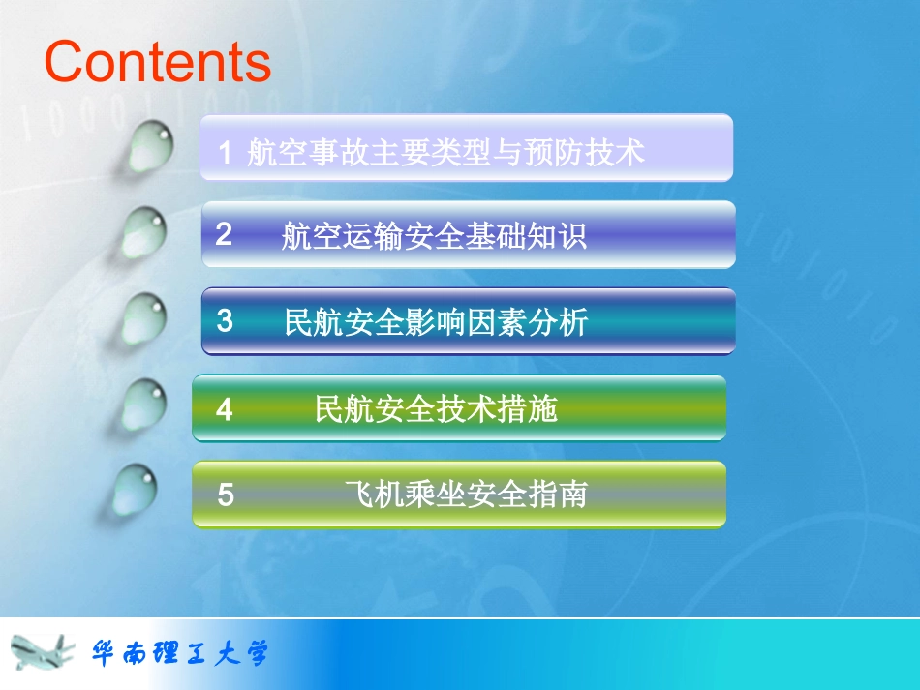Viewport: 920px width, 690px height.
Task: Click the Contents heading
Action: [158, 61]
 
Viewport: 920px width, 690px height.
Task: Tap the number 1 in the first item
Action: [225, 152]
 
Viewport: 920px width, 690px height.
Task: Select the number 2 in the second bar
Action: [224, 234]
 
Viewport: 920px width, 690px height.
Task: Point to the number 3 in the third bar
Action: [225, 321]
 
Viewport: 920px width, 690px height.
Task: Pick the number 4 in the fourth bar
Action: [225, 409]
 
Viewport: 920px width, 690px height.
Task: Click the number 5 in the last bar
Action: [226, 495]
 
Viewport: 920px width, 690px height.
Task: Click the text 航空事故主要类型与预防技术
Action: [445, 152]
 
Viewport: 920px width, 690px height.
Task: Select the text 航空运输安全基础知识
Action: [434, 235]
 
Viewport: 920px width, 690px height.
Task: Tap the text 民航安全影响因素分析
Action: [436, 322]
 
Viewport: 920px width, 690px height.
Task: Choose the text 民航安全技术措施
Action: [436, 409]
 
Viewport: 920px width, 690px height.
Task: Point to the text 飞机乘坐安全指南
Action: [466, 495]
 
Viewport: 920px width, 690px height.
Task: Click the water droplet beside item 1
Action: [151, 145]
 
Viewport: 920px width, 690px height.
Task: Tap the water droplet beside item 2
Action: [144, 232]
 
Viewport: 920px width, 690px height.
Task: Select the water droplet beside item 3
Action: [144, 318]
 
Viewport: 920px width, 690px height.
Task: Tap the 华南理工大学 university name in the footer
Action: [179, 653]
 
